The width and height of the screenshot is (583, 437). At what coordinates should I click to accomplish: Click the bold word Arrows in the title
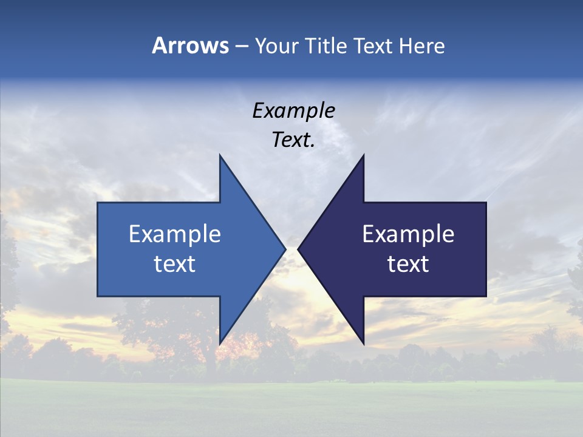[190, 46]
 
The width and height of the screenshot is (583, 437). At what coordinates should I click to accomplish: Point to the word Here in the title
[421, 46]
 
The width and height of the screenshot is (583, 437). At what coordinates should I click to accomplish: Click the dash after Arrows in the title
[242, 47]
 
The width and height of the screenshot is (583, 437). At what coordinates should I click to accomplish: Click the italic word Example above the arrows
[293, 111]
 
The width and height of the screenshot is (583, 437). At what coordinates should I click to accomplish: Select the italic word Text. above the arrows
[293, 140]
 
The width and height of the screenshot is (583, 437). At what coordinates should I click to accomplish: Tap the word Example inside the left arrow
[175, 234]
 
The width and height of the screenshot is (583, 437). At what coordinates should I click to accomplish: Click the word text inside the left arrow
[175, 264]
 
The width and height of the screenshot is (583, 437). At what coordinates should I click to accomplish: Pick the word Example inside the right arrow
[408, 234]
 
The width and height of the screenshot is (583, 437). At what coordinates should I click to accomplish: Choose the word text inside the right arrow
[408, 264]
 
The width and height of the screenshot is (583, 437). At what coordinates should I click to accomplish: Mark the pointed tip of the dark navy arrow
[299, 249]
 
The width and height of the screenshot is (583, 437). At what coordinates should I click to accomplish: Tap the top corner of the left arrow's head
[220, 156]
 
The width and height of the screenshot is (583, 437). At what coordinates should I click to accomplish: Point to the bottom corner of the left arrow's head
[220, 343]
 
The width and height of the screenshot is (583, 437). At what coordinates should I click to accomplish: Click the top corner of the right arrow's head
[363, 156]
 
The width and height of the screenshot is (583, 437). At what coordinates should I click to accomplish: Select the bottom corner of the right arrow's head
[363, 343]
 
